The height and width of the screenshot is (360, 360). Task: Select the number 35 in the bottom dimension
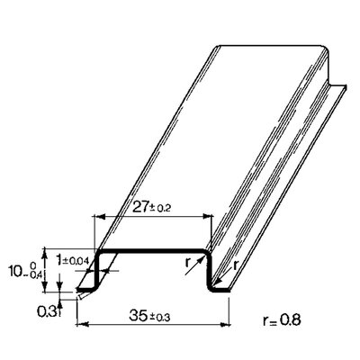[x=139, y=315]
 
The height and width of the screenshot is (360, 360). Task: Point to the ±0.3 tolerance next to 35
[x=160, y=317]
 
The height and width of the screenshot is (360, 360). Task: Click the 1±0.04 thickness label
[x=73, y=260]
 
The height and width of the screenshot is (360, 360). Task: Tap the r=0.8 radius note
[x=282, y=320]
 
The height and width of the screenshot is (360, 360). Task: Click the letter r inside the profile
[x=188, y=263]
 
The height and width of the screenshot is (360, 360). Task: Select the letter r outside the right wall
[x=236, y=265]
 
